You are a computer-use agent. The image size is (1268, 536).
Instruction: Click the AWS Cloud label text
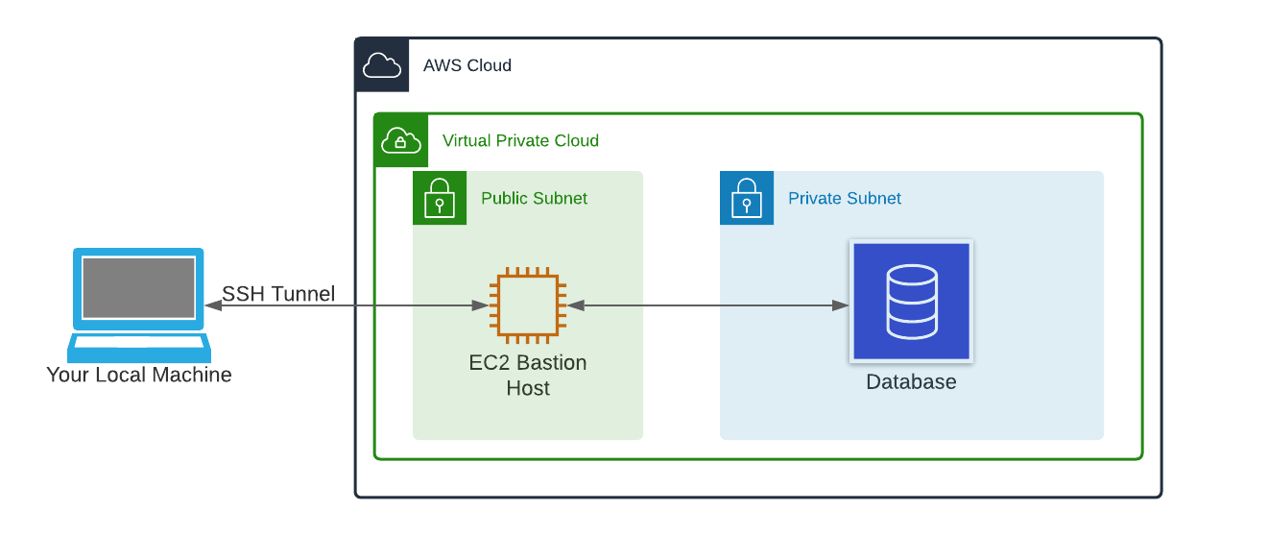coord(467,65)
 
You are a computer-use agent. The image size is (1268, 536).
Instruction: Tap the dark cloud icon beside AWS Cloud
coord(382,65)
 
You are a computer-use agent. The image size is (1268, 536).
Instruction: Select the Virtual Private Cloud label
coord(520,140)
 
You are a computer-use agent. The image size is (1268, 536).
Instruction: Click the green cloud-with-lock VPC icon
coord(401,140)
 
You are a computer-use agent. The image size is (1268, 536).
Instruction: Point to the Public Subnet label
coord(534,198)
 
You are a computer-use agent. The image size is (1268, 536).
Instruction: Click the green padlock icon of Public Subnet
coord(440,198)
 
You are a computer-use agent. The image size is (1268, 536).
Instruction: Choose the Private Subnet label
coord(844,198)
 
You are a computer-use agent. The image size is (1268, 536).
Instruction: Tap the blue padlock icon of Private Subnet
coord(747,198)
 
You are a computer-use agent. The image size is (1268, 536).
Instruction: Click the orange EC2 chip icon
coord(527,305)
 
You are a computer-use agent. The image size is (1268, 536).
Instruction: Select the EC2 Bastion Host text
coord(527,376)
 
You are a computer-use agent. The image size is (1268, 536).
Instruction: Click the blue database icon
coord(911,302)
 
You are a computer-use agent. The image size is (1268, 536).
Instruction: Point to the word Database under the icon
coord(911,381)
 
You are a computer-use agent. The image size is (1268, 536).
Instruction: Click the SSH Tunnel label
coord(278,294)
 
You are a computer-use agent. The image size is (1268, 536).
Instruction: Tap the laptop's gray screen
coord(138,286)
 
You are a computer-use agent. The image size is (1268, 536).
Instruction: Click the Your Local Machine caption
coord(139,375)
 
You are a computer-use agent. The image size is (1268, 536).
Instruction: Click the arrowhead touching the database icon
coord(841,305)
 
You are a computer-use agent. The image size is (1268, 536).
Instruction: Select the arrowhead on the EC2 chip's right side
coord(576,305)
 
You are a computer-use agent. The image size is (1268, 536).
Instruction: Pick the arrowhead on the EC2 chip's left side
coord(479,305)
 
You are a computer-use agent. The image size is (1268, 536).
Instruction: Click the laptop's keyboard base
coord(138,344)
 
